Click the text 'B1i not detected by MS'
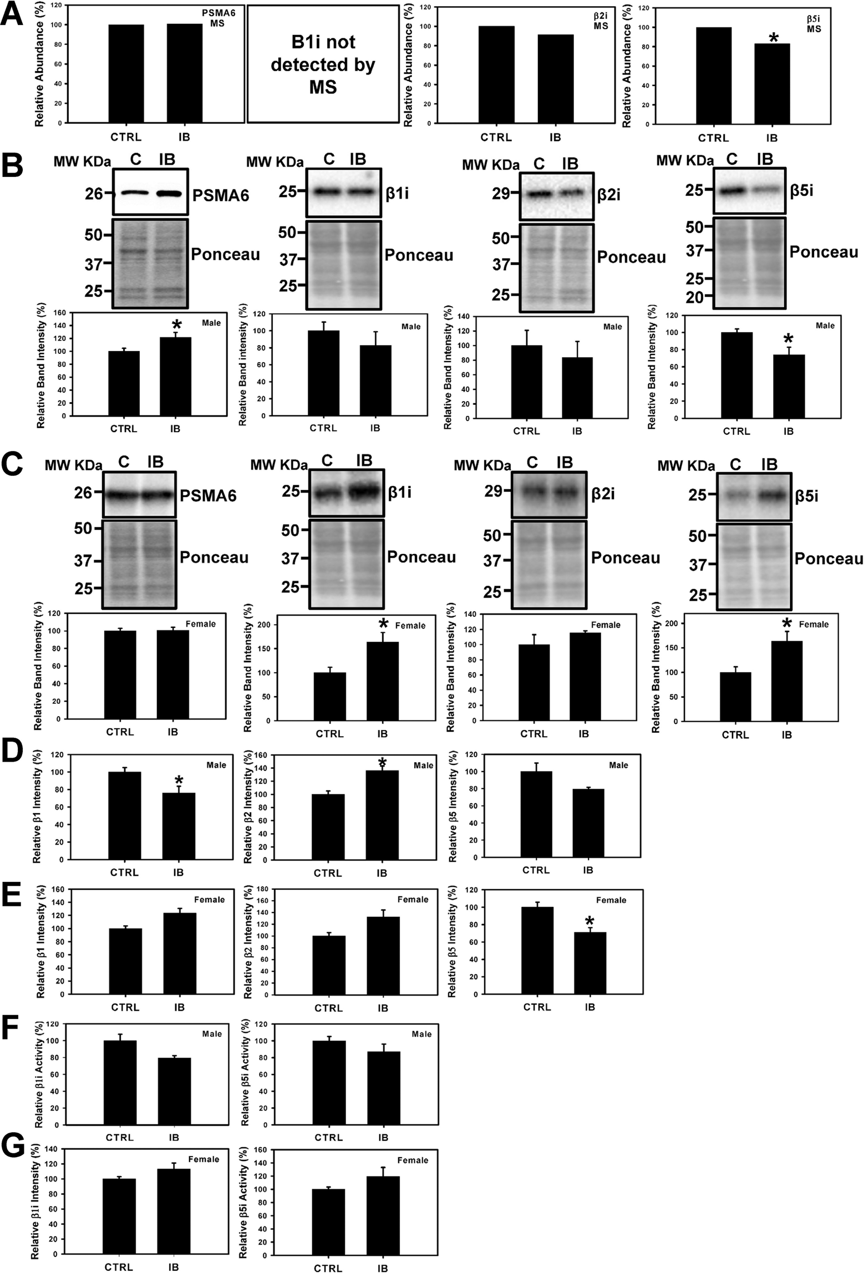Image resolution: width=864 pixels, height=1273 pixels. coord(323,64)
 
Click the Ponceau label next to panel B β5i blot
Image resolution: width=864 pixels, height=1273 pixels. coord(824,252)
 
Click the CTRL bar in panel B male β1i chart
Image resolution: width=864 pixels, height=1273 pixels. coord(323,373)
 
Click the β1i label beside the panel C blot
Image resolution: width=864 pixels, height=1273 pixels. coord(399,492)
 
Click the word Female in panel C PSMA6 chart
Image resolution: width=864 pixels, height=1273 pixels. coord(200,623)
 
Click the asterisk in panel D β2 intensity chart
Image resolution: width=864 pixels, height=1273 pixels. coord(382,762)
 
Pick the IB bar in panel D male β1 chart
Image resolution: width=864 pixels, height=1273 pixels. coord(179,826)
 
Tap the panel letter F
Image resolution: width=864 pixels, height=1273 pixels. coord(11,1027)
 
